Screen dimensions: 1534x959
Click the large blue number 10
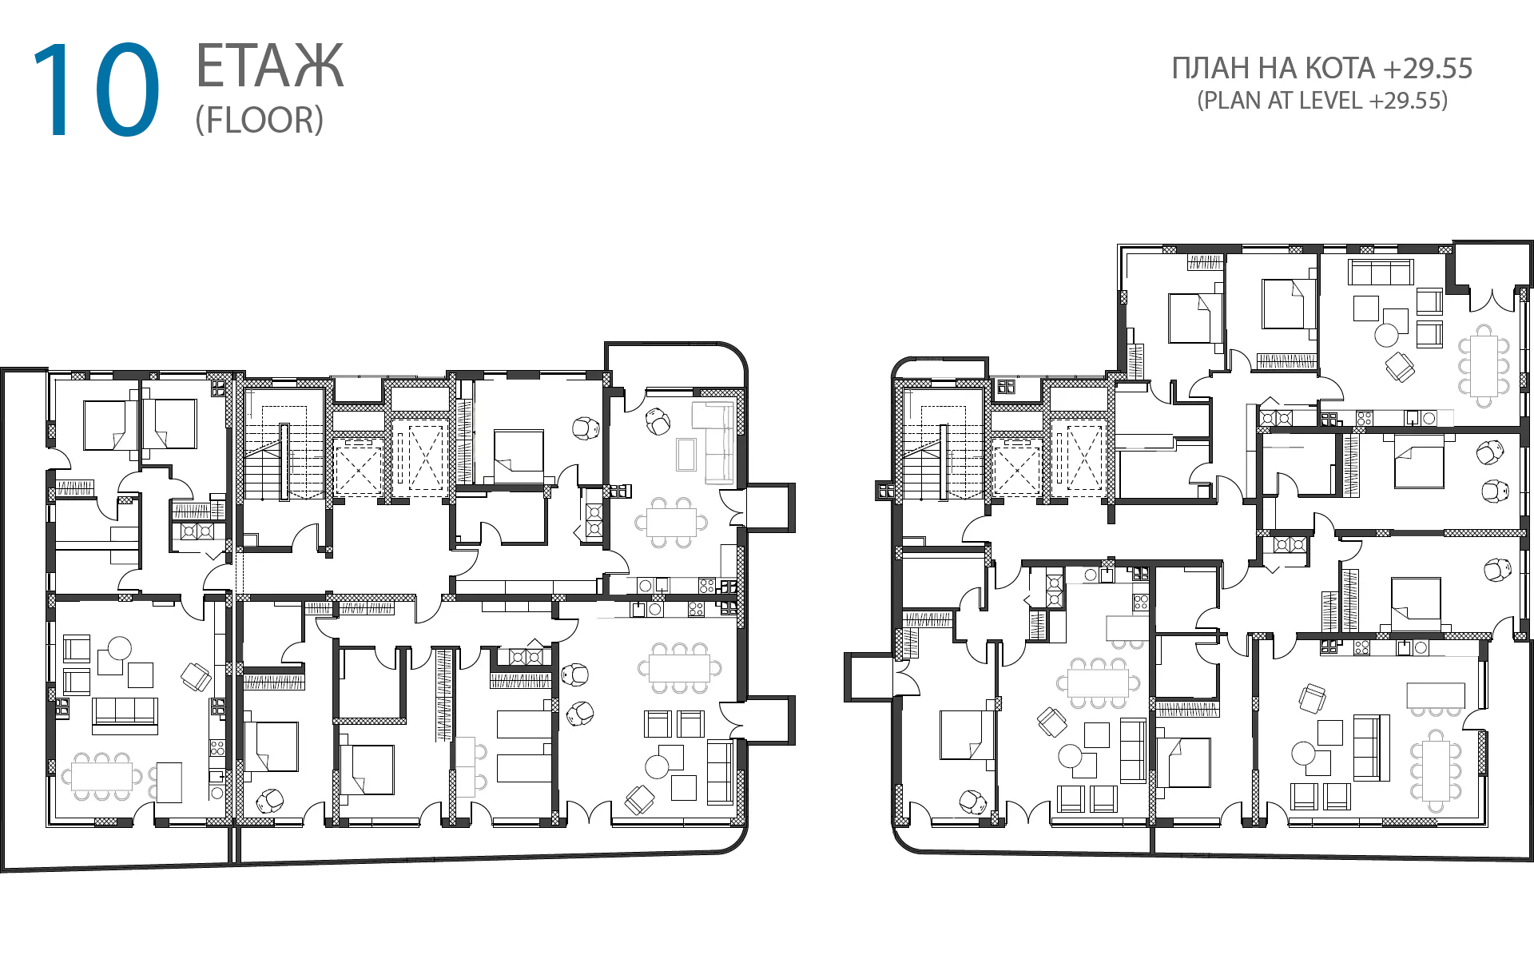[96, 90]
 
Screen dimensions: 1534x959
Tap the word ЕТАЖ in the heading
[270, 66]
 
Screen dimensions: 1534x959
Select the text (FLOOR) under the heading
[260, 120]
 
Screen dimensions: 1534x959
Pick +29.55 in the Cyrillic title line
[1428, 69]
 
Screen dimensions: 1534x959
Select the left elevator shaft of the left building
[357, 467]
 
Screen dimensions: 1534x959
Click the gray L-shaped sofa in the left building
[713, 442]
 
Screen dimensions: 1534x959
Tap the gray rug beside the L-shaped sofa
[686, 454]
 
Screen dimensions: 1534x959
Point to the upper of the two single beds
[523, 723]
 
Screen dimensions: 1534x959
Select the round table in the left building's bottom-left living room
[120, 647]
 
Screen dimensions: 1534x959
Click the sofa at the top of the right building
[1381, 272]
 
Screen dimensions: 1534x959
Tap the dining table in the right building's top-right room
[1484, 365]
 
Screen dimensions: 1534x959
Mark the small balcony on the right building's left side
[868, 678]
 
